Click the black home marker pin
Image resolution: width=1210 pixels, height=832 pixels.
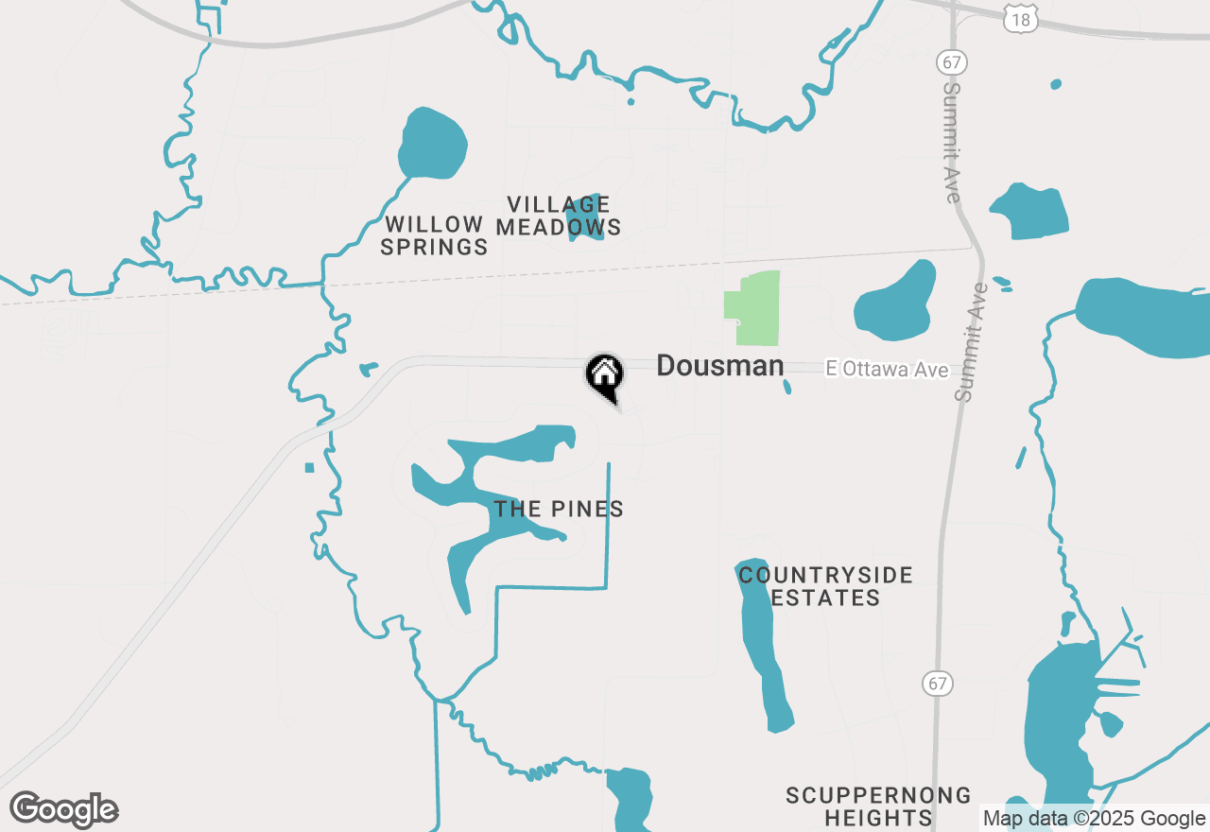pos(605,374)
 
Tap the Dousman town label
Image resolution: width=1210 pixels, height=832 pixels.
pos(719,366)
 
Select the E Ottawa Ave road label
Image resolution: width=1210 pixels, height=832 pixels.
pos(887,370)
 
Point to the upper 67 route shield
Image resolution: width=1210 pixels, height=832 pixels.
pos(951,62)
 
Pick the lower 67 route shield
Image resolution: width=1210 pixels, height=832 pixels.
pos(937,683)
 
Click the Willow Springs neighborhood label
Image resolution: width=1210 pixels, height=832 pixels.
pos(434,236)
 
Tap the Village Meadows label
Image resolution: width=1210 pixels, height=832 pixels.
pos(559,216)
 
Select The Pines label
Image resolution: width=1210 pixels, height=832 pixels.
pos(559,510)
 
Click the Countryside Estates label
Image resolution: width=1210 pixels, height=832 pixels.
pos(825,586)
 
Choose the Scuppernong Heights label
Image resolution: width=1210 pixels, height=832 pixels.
pos(878,806)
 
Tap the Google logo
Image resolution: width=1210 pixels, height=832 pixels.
pos(64,810)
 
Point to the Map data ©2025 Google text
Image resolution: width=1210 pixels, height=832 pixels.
pos(1094,819)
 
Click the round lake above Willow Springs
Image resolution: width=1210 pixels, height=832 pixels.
pos(433,143)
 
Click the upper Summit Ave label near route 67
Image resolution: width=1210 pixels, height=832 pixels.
pos(953,142)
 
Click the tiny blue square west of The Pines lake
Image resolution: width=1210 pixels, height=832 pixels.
pos(309,467)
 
